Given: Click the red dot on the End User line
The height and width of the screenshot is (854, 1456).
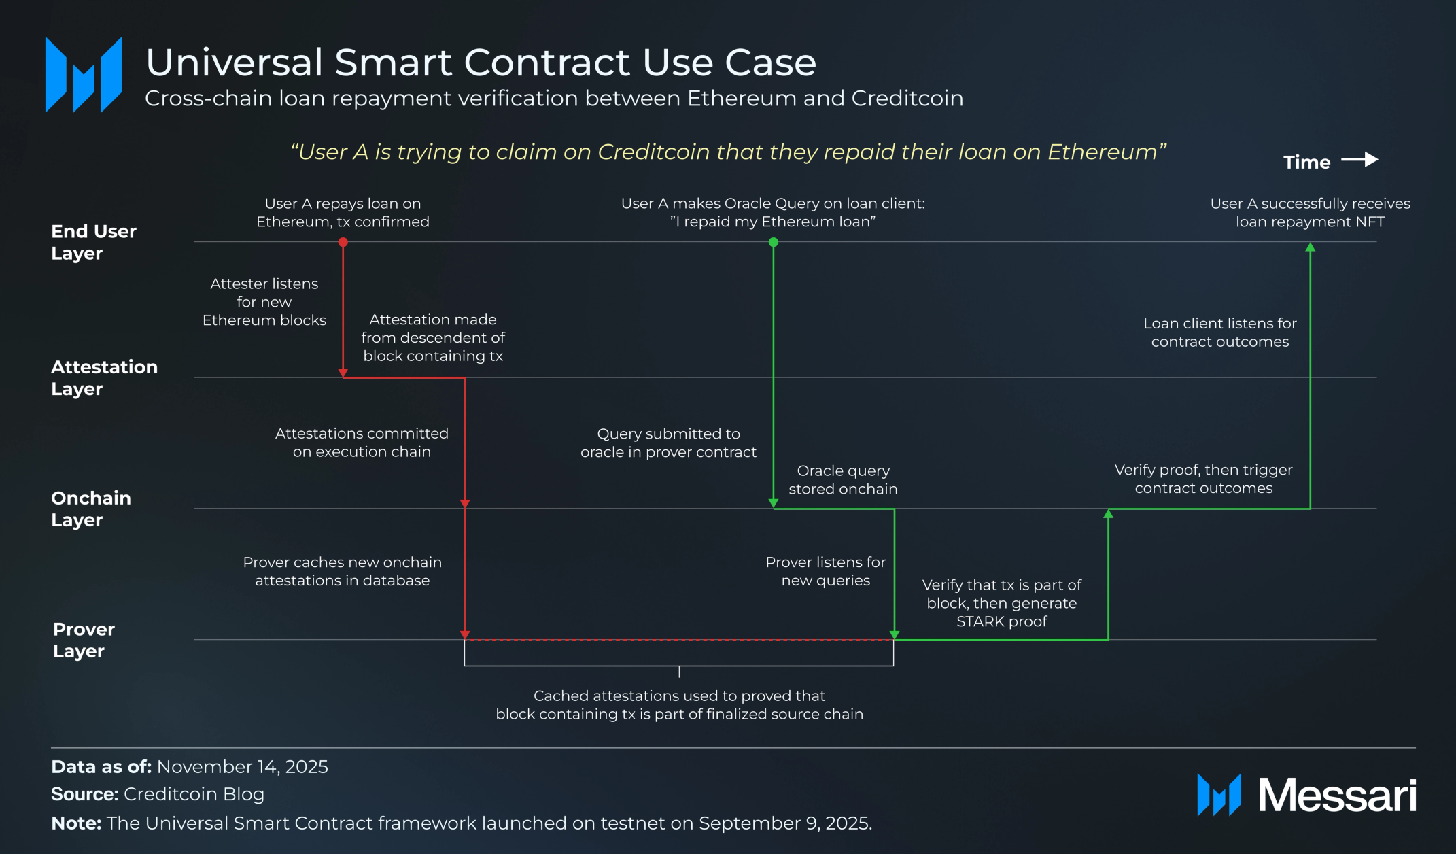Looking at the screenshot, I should [x=343, y=242].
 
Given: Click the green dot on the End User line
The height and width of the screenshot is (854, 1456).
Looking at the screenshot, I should [x=774, y=242].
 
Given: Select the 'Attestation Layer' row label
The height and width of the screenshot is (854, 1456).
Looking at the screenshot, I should [x=104, y=377].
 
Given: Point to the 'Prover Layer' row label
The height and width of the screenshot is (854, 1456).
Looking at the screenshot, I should [x=84, y=640].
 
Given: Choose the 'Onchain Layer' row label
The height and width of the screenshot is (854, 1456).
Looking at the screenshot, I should [x=91, y=509].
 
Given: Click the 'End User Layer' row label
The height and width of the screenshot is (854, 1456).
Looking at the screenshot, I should [x=94, y=242].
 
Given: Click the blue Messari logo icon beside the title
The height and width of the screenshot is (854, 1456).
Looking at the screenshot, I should [x=84, y=75].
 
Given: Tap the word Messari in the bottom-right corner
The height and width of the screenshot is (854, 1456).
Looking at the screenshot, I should [x=1337, y=795].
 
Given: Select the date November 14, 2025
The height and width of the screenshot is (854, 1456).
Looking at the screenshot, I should [x=243, y=767].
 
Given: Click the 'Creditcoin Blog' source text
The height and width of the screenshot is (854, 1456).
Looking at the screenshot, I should [x=194, y=794].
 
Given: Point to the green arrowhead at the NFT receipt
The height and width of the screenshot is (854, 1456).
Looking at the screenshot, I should [x=1311, y=248].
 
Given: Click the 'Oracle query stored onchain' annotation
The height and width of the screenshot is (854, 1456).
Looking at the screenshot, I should [x=843, y=480].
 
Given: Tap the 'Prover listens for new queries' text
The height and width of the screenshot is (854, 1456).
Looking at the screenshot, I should [x=826, y=571].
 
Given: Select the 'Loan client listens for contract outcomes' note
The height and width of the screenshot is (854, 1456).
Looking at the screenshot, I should [x=1220, y=332].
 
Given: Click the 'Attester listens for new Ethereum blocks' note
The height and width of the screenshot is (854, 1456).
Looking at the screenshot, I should [x=264, y=302].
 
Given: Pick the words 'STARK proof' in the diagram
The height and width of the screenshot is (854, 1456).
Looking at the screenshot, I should [x=1002, y=621].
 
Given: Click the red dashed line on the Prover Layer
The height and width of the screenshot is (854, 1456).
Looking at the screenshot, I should [x=680, y=640].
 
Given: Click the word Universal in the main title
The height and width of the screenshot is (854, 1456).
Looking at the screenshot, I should [x=234, y=63].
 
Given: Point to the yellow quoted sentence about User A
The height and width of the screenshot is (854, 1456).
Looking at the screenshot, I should [x=728, y=152].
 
